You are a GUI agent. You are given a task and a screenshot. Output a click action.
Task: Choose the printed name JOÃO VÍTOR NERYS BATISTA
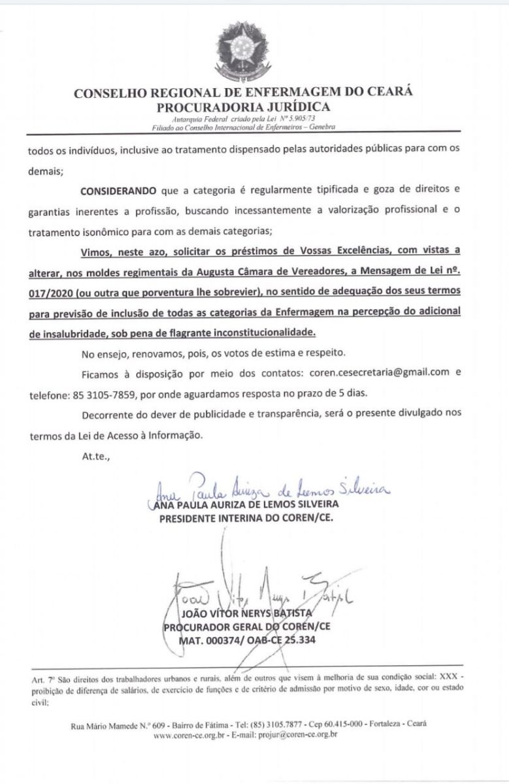246,615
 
